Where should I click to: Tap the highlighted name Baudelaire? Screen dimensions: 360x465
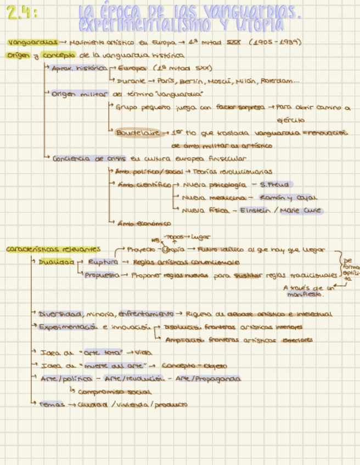[137, 133]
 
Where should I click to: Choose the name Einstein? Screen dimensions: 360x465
[257, 210]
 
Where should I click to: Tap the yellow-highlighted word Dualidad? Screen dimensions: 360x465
[56, 262]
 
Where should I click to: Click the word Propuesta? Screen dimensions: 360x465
[102, 275]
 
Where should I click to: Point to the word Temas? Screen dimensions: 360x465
[50, 404]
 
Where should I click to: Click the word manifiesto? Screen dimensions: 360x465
[305, 294]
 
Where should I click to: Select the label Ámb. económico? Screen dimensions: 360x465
[144, 223]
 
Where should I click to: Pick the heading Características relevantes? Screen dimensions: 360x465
[53, 249]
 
